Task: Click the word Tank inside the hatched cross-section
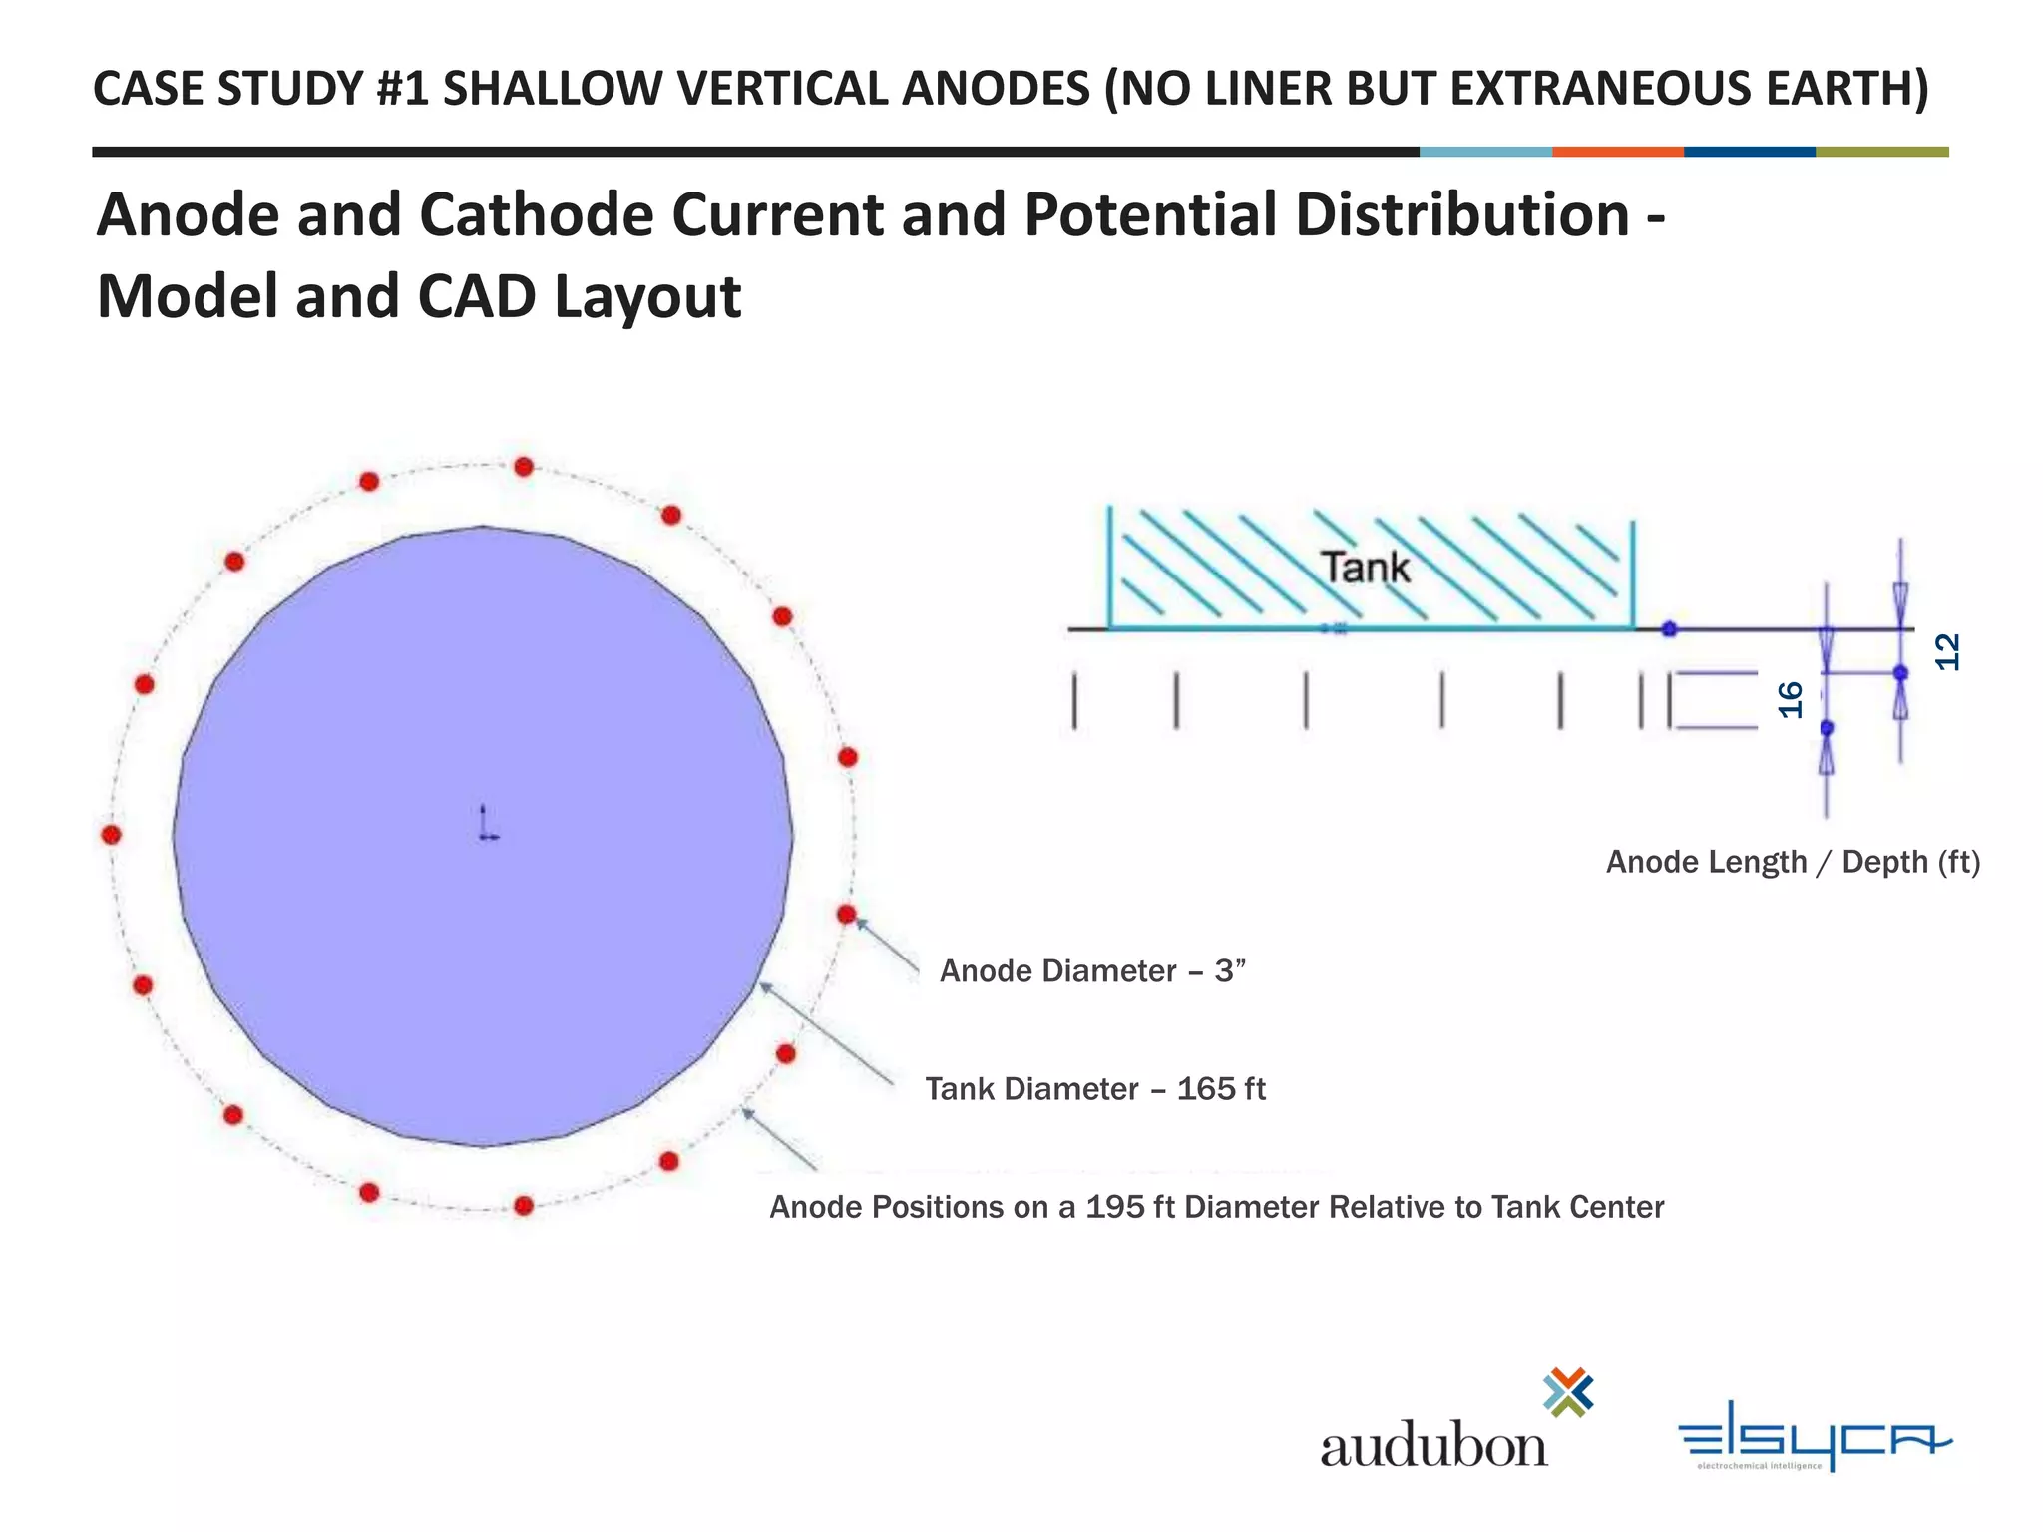coord(1366,568)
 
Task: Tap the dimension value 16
coord(1792,699)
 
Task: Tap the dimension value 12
coord(1947,652)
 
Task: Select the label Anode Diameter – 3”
coord(1092,970)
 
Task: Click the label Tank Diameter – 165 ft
coord(1094,1088)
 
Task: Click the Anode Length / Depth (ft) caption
coord(1793,862)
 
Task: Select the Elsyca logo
coord(1815,1435)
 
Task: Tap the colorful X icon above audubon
coord(1568,1392)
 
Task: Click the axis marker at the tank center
coord(486,827)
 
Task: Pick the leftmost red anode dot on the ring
coord(112,834)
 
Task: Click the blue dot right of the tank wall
coord(1669,629)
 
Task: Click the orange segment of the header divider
coord(1617,152)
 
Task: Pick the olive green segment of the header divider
coord(1881,152)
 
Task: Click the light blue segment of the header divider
coord(1485,152)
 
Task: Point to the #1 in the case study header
coord(402,89)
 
